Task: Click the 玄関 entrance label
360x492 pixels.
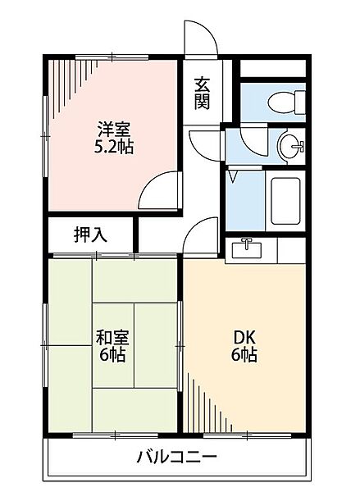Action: point(202,93)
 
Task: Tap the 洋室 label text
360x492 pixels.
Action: point(113,130)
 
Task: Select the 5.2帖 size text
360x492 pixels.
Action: point(114,147)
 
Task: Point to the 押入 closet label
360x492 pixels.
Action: point(91,235)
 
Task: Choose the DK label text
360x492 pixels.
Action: point(244,338)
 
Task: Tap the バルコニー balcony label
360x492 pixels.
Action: point(176,457)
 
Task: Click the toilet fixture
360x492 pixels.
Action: point(286,102)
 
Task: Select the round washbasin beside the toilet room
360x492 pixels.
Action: point(292,146)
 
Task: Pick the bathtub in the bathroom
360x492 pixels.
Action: point(285,201)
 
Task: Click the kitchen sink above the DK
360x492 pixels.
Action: point(247,248)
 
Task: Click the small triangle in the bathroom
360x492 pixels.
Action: point(233,176)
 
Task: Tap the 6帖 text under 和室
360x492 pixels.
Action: point(112,354)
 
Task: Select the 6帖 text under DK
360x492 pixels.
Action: point(244,354)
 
